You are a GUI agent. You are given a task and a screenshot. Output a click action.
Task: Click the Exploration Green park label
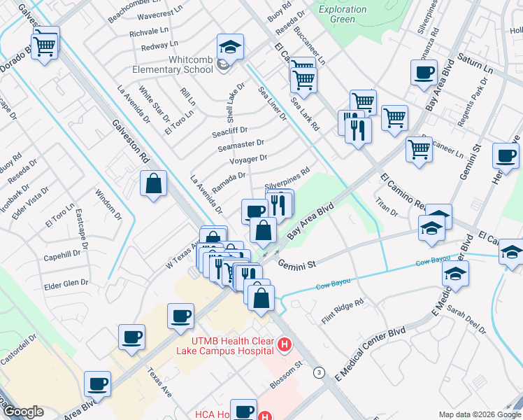[x=342, y=14]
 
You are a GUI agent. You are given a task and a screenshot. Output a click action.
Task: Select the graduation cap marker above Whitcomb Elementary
[x=229, y=48]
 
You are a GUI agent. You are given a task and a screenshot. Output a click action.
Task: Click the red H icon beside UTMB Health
[x=285, y=344]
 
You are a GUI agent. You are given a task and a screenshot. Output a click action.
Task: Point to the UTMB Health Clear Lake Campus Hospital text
[x=224, y=344]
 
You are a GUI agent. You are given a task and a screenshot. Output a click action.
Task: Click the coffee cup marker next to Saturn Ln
[x=424, y=73]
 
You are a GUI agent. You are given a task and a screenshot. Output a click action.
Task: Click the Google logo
[x=23, y=412]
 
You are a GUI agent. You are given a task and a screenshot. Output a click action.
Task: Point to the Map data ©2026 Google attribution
[x=479, y=414]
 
